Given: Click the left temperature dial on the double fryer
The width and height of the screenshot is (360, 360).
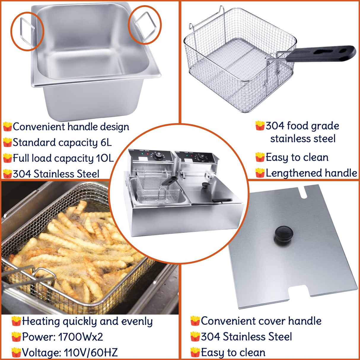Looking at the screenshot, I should point(159,154).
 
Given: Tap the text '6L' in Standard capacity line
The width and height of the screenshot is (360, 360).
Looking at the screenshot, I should point(106,143).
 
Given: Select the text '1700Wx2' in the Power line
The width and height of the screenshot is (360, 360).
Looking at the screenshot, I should point(80,337).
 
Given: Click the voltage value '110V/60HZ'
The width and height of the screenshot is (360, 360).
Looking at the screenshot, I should point(91,353).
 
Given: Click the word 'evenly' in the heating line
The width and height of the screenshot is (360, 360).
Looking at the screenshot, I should point(137,321).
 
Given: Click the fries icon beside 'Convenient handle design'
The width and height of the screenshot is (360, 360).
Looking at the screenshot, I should point(7,127).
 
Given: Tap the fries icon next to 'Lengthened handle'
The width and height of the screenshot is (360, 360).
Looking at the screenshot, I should point(260,173).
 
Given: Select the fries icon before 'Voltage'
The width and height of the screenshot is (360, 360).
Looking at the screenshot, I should point(16,353).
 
